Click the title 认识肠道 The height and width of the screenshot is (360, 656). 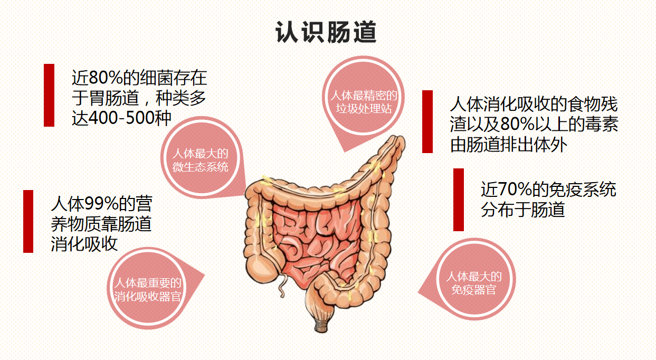tap(326, 32)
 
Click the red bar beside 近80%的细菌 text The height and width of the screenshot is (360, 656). tap(49, 95)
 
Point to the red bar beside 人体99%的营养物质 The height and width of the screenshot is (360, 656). tap(28, 221)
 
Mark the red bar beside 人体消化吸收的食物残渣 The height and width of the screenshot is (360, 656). tap(427, 121)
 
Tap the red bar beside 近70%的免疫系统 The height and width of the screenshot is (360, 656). tap(458, 200)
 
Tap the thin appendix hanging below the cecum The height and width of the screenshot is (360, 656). tap(282, 286)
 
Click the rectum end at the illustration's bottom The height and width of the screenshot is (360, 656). tap(321, 327)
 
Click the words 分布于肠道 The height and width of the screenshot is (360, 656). tap(523, 210)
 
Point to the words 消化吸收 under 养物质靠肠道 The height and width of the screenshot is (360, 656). tap(84, 244)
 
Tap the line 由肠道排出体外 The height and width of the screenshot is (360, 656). tap(509, 145)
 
